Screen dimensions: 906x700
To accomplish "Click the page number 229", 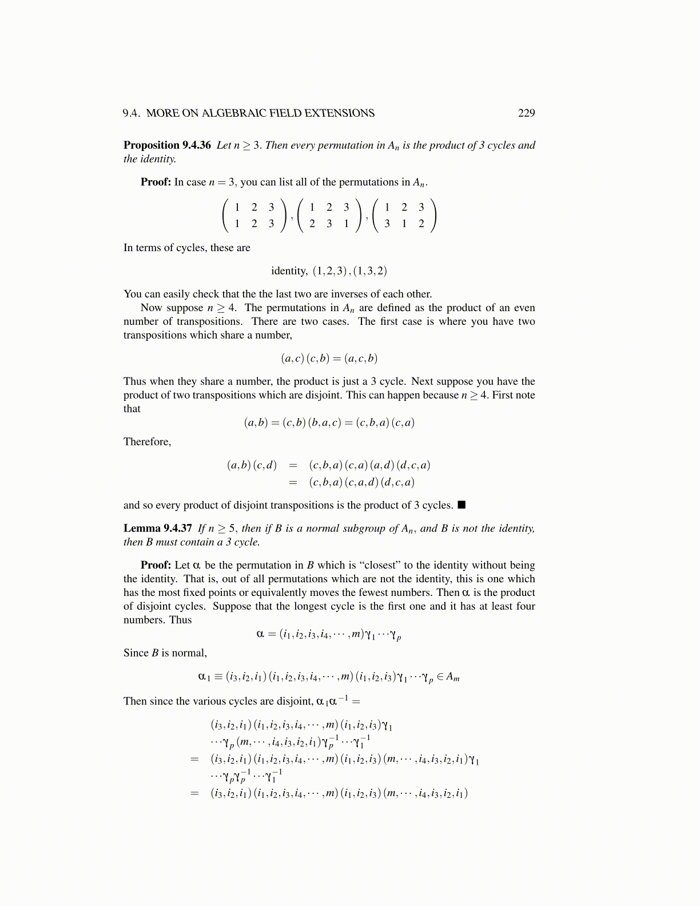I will click(526, 113).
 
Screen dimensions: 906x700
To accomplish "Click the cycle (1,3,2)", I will click(370, 271).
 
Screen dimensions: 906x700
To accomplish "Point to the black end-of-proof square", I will click(462, 505).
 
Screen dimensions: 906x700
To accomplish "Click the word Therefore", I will click(147, 442).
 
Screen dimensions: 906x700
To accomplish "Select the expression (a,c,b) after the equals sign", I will click(361, 359).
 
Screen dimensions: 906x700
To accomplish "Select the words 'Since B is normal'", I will click(165, 653).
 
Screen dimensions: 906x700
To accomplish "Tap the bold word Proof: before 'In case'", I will click(156, 182).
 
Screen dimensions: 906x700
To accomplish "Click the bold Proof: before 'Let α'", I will click(156, 565).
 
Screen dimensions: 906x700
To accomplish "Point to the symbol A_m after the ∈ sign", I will click(452, 677).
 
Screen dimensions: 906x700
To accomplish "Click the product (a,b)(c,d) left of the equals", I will click(252, 465).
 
